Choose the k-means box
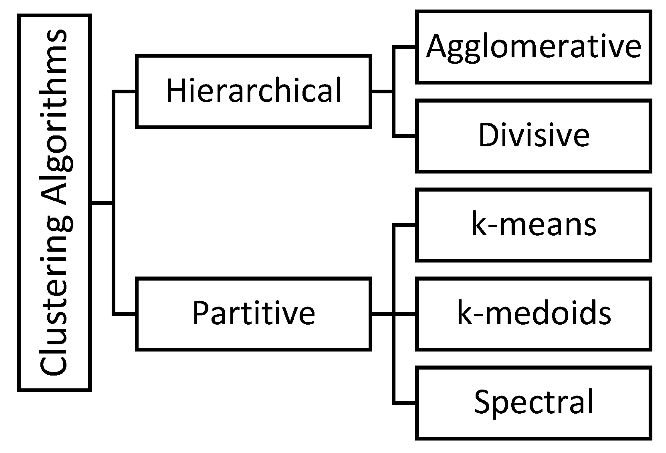tap(534, 225)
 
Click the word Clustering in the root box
tap(54, 295)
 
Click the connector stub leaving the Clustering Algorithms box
tap(102, 203)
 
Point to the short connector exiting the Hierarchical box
tap(382, 92)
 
